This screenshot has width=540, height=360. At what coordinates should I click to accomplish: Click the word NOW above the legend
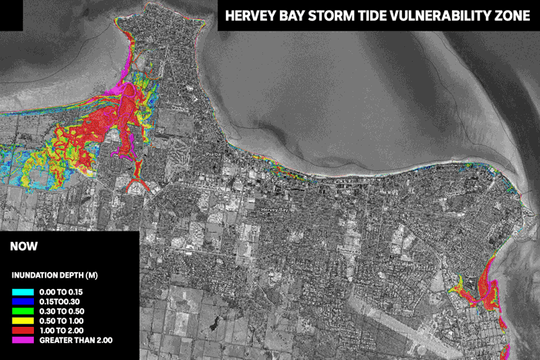24,247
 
